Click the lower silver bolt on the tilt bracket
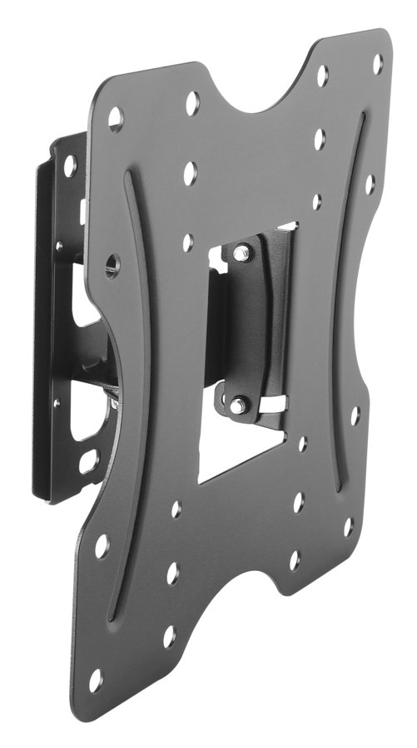238,405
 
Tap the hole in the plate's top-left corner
116,117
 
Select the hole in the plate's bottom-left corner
96,681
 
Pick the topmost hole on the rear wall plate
70,165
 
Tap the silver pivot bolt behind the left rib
114,403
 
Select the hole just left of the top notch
192,103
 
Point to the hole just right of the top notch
322,76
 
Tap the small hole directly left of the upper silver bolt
188,242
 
